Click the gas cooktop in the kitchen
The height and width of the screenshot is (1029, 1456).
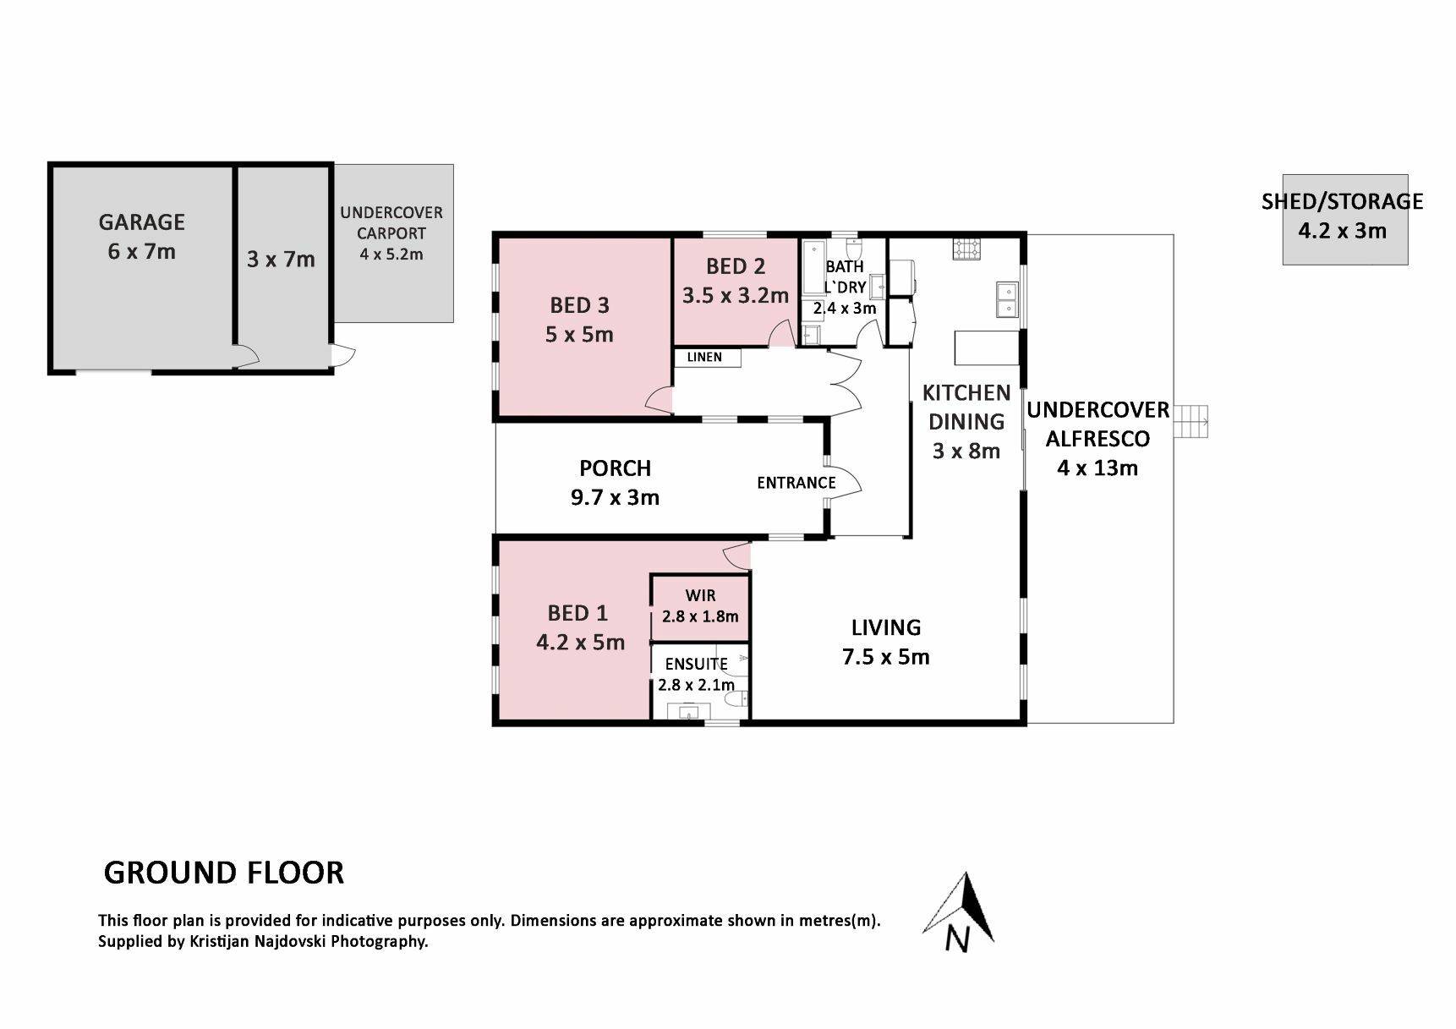coord(967,249)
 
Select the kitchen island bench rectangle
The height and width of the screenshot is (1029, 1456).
coord(987,348)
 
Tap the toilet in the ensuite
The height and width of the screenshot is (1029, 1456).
coord(739,698)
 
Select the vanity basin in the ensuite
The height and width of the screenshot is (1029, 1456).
coord(689,711)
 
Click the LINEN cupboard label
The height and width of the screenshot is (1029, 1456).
coord(704,357)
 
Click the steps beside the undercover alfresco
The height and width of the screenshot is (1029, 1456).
coord(1192,419)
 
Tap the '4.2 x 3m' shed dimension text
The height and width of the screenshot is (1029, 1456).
coord(1343,231)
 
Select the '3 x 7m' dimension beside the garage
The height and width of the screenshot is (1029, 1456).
coord(281,259)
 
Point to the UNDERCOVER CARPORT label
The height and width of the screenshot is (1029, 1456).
coord(391,222)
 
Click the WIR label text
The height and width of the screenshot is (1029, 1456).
coord(701,595)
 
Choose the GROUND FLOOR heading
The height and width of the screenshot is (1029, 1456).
coord(224,873)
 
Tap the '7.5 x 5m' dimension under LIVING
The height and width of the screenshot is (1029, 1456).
coord(886,657)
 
